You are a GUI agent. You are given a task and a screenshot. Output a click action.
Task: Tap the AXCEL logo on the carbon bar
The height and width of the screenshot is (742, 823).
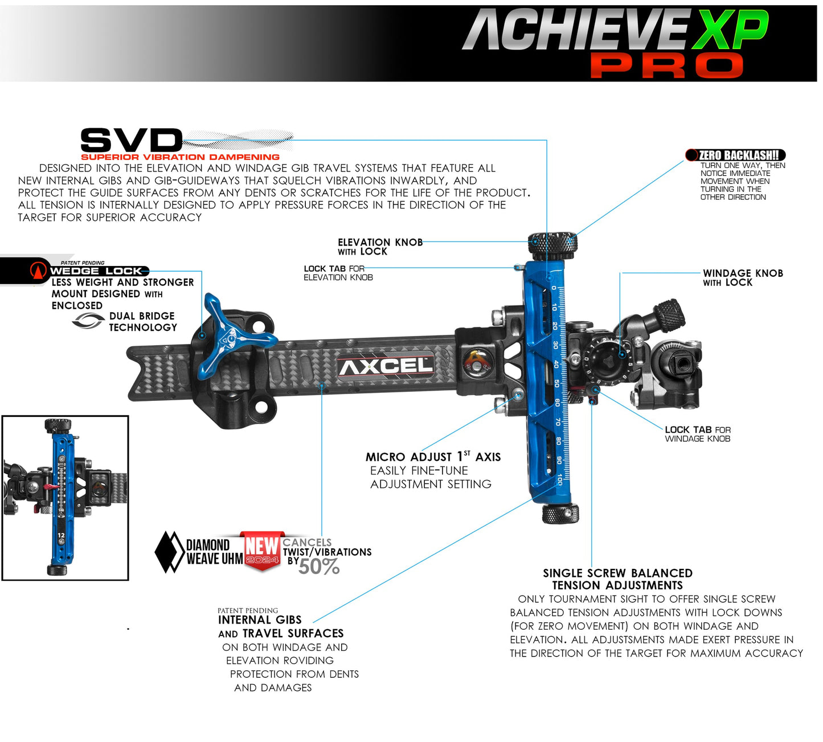[386, 366]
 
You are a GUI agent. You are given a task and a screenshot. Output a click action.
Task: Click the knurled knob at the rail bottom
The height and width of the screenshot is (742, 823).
[560, 514]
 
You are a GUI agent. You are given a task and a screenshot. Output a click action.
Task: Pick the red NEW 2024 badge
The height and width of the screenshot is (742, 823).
[261, 549]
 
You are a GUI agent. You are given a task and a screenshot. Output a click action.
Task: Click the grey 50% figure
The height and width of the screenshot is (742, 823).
[319, 567]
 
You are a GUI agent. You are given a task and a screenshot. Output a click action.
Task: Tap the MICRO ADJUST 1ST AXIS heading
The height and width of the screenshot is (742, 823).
[433, 457]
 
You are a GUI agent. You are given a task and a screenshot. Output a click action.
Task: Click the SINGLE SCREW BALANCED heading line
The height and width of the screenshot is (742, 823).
[617, 573]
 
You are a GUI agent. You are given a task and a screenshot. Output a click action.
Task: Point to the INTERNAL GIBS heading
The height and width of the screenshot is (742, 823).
[260, 620]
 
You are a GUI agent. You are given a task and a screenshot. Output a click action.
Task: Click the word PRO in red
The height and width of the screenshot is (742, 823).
[666, 65]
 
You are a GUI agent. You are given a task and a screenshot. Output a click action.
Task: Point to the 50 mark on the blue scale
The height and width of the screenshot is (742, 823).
[556, 383]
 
